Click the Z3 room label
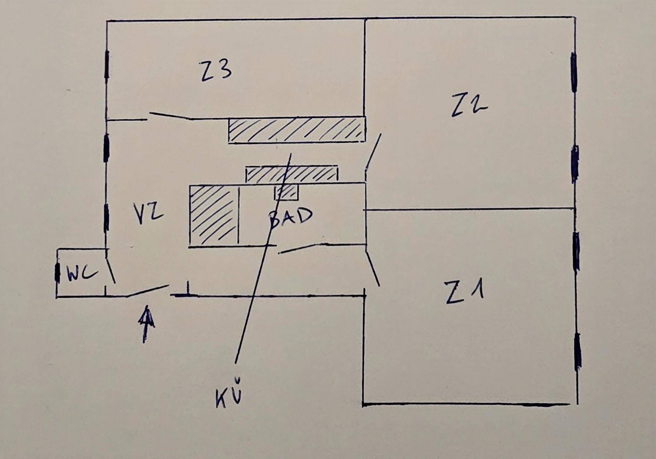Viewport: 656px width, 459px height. pos(216,71)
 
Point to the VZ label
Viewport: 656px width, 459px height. pos(148,214)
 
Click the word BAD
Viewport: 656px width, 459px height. pos(290,217)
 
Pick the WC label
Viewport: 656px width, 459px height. pos(82,274)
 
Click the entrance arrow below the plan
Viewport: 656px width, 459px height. pos(146,323)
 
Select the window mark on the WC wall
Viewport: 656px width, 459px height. pos(57,273)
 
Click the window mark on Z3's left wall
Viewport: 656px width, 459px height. pos(107,65)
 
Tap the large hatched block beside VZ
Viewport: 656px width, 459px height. pos(214,215)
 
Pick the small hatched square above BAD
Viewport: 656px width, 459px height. pos(287,192)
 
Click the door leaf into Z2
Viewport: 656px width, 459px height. pos(373,151)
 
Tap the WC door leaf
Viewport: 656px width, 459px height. pos(111,270)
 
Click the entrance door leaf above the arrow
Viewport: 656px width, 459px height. pos(148,290)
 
